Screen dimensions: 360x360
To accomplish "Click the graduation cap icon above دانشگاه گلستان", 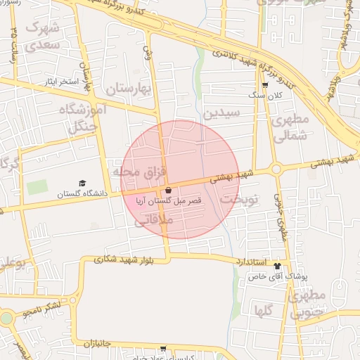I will pos(82,184).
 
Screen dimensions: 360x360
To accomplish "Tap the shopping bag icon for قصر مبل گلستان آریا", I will pos(168,191).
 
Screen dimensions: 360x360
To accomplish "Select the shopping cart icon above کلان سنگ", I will pos(264,84).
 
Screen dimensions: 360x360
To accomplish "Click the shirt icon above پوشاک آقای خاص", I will pos(277,266).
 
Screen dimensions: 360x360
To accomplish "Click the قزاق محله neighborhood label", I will pos(139,172).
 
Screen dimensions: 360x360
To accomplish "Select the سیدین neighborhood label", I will pos(221,112).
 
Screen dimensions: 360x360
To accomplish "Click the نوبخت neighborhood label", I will pos(239,200).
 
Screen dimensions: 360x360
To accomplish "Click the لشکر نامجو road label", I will pos(51,307).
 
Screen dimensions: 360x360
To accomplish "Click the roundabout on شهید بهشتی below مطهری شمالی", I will pos(277,168).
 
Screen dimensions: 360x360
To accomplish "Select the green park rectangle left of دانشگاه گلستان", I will pos(37,188).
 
